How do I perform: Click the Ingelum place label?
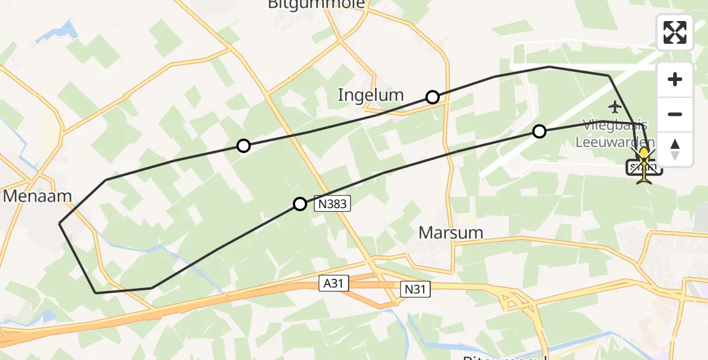370,95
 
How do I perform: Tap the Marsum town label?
451,233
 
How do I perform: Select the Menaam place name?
37,196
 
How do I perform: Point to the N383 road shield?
332,204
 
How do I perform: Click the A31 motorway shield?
334,283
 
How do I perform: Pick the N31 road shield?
416,290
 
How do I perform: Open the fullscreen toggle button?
675,32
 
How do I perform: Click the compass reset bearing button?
675,149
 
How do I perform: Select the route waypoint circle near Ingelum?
433,97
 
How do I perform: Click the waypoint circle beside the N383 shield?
300,204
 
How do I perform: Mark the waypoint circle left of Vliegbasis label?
539,131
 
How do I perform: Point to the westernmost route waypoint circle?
243,146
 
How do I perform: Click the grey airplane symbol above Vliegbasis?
614,107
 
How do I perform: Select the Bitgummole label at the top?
316,5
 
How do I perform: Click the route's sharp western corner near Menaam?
59,224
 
